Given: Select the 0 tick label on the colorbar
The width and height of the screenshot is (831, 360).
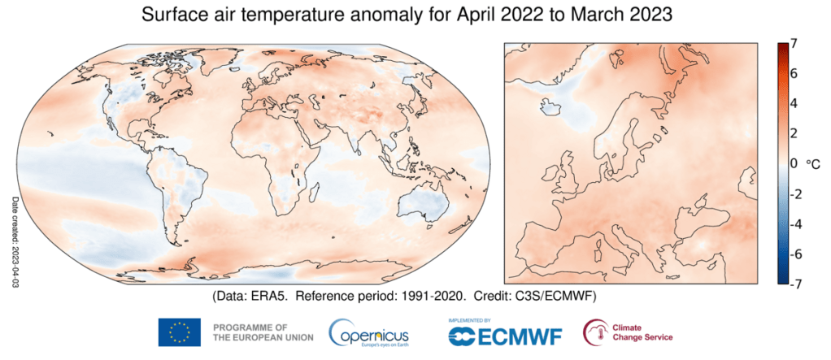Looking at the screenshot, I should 793,163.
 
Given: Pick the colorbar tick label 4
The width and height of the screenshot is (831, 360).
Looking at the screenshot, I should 793,103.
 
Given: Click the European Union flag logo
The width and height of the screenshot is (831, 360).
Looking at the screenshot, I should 180,332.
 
